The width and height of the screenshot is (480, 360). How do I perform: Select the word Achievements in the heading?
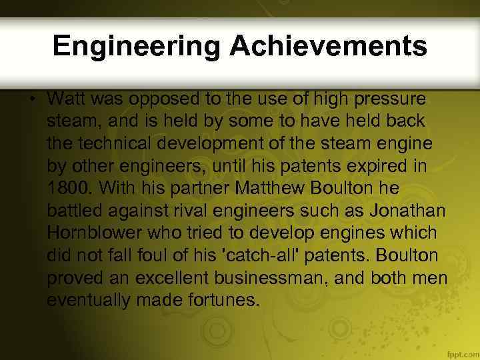328,46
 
